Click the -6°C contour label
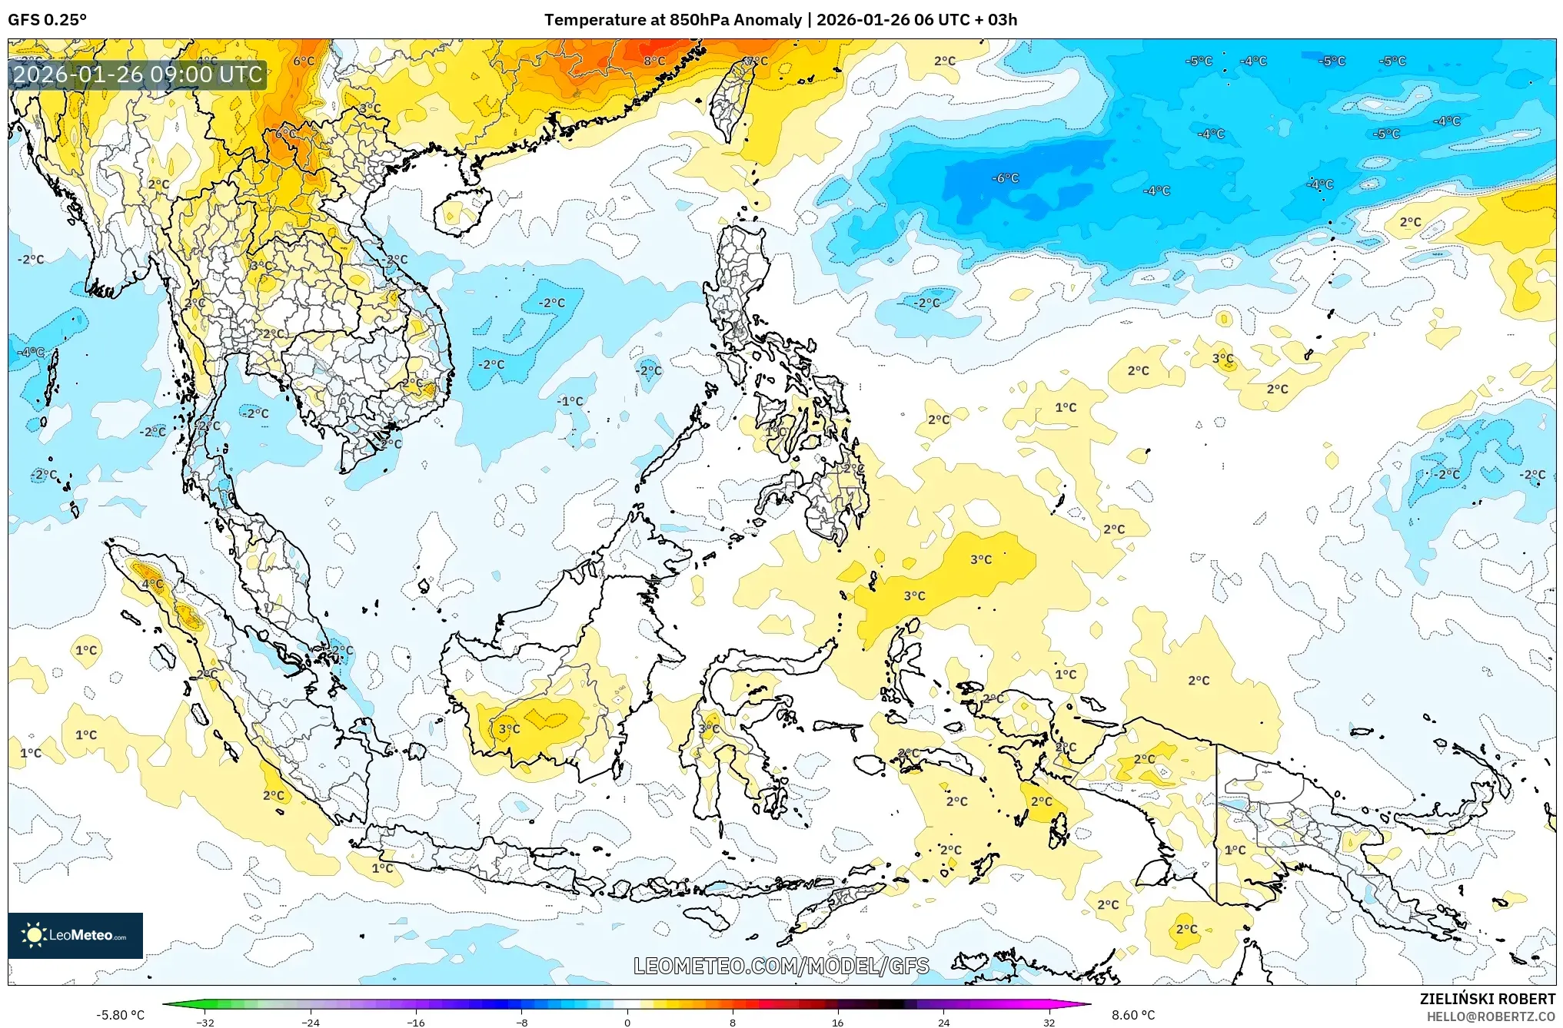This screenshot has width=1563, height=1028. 1006,178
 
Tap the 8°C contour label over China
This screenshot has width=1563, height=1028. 654,61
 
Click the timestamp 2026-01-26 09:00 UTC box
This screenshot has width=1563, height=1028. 138,75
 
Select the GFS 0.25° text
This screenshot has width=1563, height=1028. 48,20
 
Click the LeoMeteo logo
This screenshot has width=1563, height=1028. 75,935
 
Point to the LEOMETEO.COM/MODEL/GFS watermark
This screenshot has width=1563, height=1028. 781,966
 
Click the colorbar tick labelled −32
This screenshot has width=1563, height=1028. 205,1022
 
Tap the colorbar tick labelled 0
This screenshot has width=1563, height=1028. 627,1022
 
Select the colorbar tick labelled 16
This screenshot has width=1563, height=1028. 838,1022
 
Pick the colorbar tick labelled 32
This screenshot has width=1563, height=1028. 1049,1022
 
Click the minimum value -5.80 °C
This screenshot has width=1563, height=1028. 120,1015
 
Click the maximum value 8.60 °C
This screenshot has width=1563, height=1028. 1133,1015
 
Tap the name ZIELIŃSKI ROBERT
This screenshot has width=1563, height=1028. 1487,999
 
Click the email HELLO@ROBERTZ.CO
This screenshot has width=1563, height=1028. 1491,1016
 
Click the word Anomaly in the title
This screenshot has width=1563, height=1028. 768,20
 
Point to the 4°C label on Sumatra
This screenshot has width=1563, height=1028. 152,584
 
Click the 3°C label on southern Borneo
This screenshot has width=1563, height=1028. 509,728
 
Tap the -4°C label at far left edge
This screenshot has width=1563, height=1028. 32,352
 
